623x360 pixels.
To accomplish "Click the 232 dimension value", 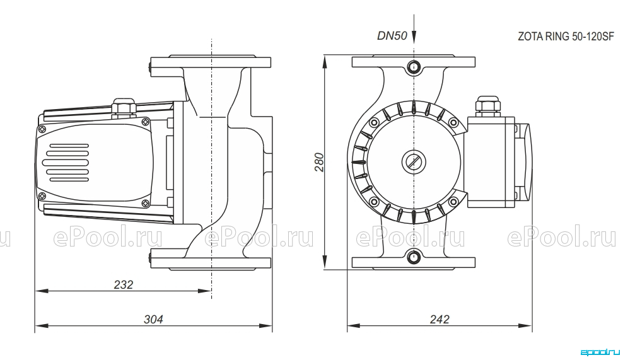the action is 124,284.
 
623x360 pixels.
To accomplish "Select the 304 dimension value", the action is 153,319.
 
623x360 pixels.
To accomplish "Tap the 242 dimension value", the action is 440,319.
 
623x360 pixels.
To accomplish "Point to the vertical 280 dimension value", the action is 320,162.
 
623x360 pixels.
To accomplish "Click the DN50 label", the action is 392,36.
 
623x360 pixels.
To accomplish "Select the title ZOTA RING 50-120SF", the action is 566,37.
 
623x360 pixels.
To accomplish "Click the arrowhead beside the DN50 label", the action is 414,38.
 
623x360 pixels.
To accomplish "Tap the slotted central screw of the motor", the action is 414,162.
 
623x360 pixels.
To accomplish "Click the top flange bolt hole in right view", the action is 414,66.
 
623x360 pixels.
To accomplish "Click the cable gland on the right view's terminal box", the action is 487,106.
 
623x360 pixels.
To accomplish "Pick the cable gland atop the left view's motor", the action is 124,107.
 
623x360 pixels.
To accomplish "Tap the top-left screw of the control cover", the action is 42,129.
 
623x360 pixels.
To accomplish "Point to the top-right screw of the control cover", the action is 147,121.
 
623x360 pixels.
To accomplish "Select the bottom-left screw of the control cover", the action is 42,195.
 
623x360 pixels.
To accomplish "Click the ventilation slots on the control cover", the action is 67,162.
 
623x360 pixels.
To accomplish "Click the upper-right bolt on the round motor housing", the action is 453,122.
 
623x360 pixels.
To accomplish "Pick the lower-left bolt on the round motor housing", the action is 374,202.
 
